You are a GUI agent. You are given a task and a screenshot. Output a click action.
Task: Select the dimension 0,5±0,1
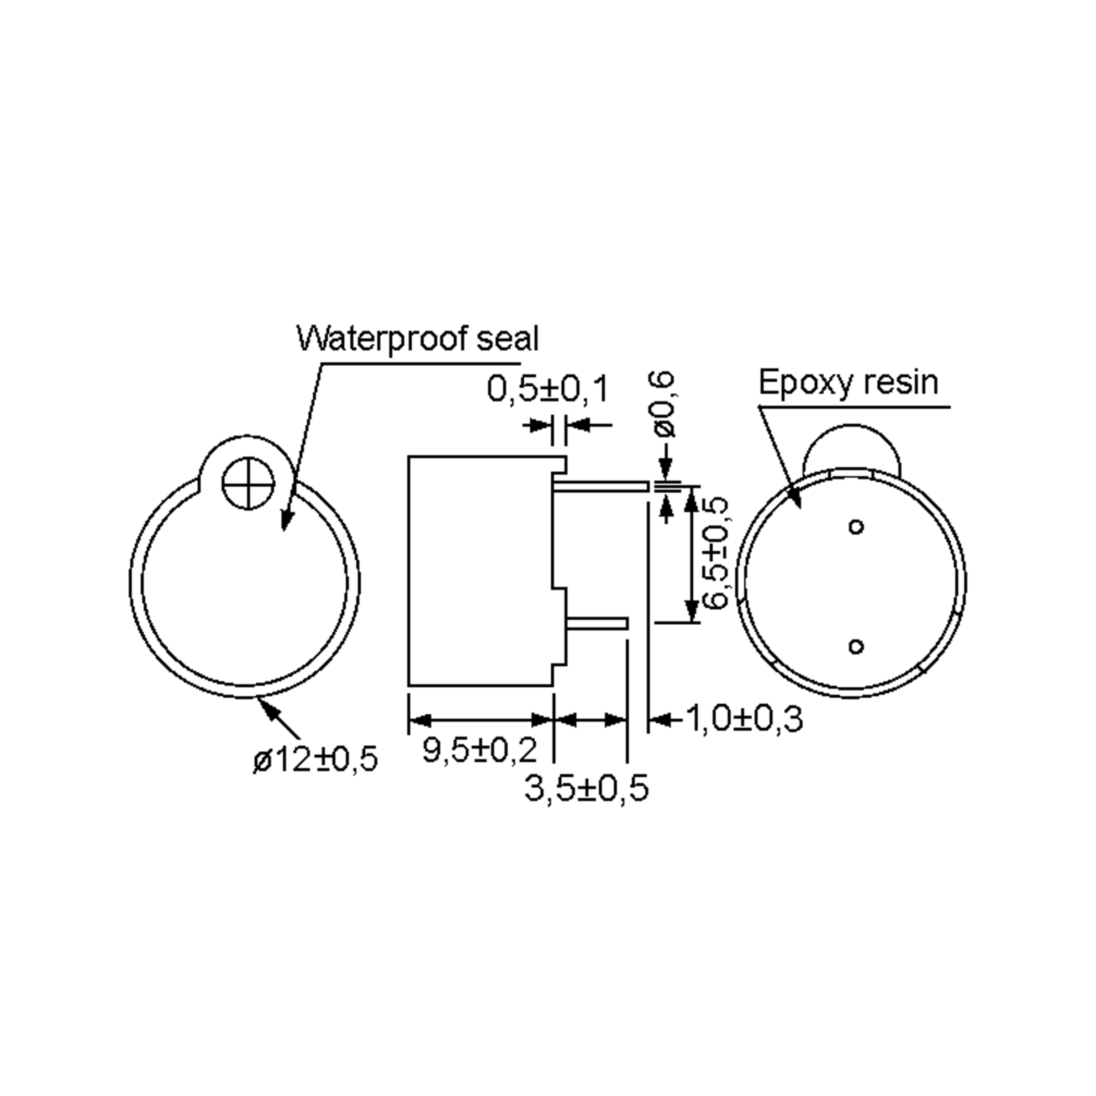[x=548, y=390]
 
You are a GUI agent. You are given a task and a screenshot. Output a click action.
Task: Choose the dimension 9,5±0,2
[x=479, y=750]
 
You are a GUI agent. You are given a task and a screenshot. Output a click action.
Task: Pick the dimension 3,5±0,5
[x=586, y=789]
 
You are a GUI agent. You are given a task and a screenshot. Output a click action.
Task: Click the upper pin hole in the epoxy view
[x=856, y=527]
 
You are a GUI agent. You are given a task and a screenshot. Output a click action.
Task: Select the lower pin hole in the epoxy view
[x=856, y=646]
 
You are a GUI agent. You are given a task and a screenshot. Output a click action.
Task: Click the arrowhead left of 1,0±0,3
[x=658, y=720]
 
